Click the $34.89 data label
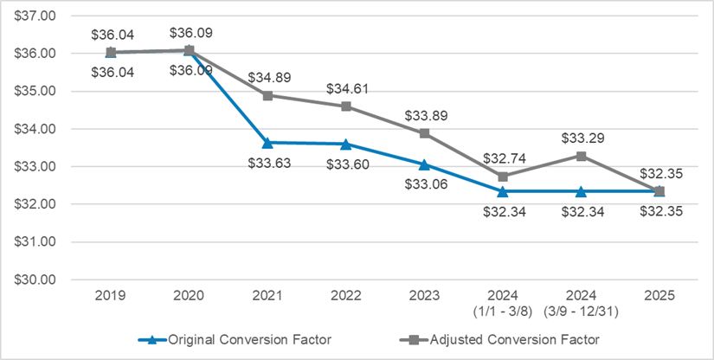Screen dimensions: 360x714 [x=268, y=78]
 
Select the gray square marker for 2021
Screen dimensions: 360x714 [x=267, y=95]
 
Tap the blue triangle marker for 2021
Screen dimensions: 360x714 [x=267, y=142]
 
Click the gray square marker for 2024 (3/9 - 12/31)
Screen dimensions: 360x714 [x=581, y=156]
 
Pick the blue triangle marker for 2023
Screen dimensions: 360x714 [x=424, y=164]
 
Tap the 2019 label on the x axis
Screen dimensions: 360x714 [x=111, y=296]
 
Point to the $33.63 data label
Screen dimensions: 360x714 [x=268, y=162]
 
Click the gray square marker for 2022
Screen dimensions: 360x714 [x=346, y=106]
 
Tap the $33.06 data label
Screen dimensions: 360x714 [x=424, y=183]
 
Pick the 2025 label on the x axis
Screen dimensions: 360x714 [x=659, y=296]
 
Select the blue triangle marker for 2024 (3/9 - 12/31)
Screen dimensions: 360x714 [x=581, y=190]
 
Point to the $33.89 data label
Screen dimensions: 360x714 [x=424, y=115]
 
